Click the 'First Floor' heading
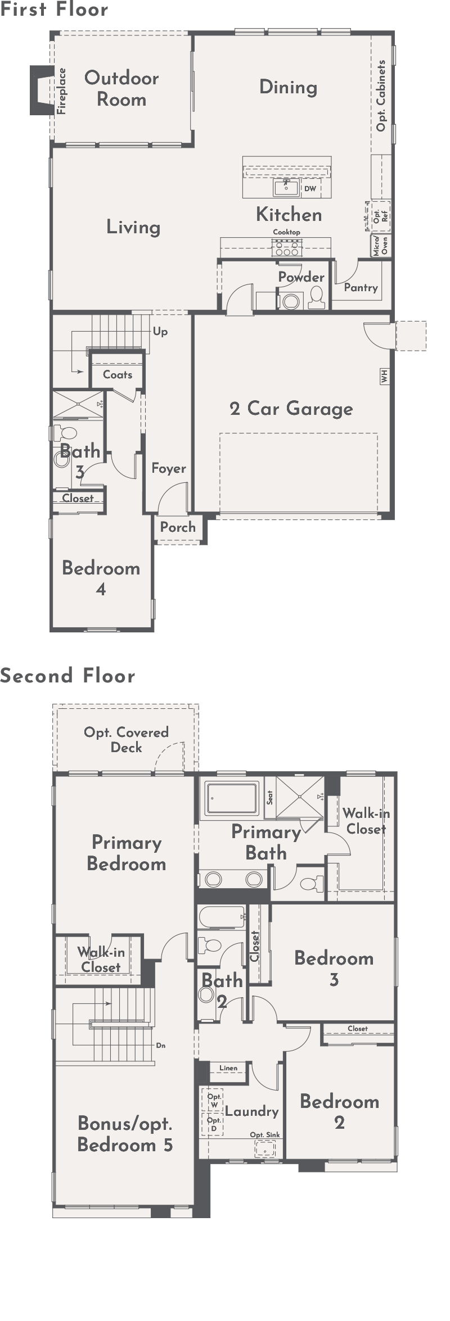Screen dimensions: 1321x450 click(54, 9)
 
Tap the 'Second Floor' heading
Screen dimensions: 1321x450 click(67, 675)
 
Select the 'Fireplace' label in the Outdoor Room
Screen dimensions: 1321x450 click(62, 91)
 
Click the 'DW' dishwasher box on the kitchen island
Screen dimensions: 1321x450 click(310, 189)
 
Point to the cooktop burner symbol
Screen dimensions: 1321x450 click(287, 245)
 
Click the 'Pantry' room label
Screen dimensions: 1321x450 click(361, 287)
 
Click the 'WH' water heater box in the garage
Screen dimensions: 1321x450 click(385, 376)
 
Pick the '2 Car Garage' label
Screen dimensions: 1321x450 click(291, 409)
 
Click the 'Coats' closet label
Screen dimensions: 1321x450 click(118, 374)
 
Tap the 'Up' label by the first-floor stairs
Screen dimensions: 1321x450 click(160, 332)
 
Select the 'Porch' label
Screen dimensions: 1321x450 click(178, 527)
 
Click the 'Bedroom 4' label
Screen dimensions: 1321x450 click(101, 578)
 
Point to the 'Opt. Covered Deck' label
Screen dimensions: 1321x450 click(126, 740)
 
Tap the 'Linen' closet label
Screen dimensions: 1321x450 click(228, 1068)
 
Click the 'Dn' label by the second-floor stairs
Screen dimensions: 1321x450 click(161, 1046)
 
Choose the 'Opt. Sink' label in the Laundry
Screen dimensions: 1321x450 click(265, 1135)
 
